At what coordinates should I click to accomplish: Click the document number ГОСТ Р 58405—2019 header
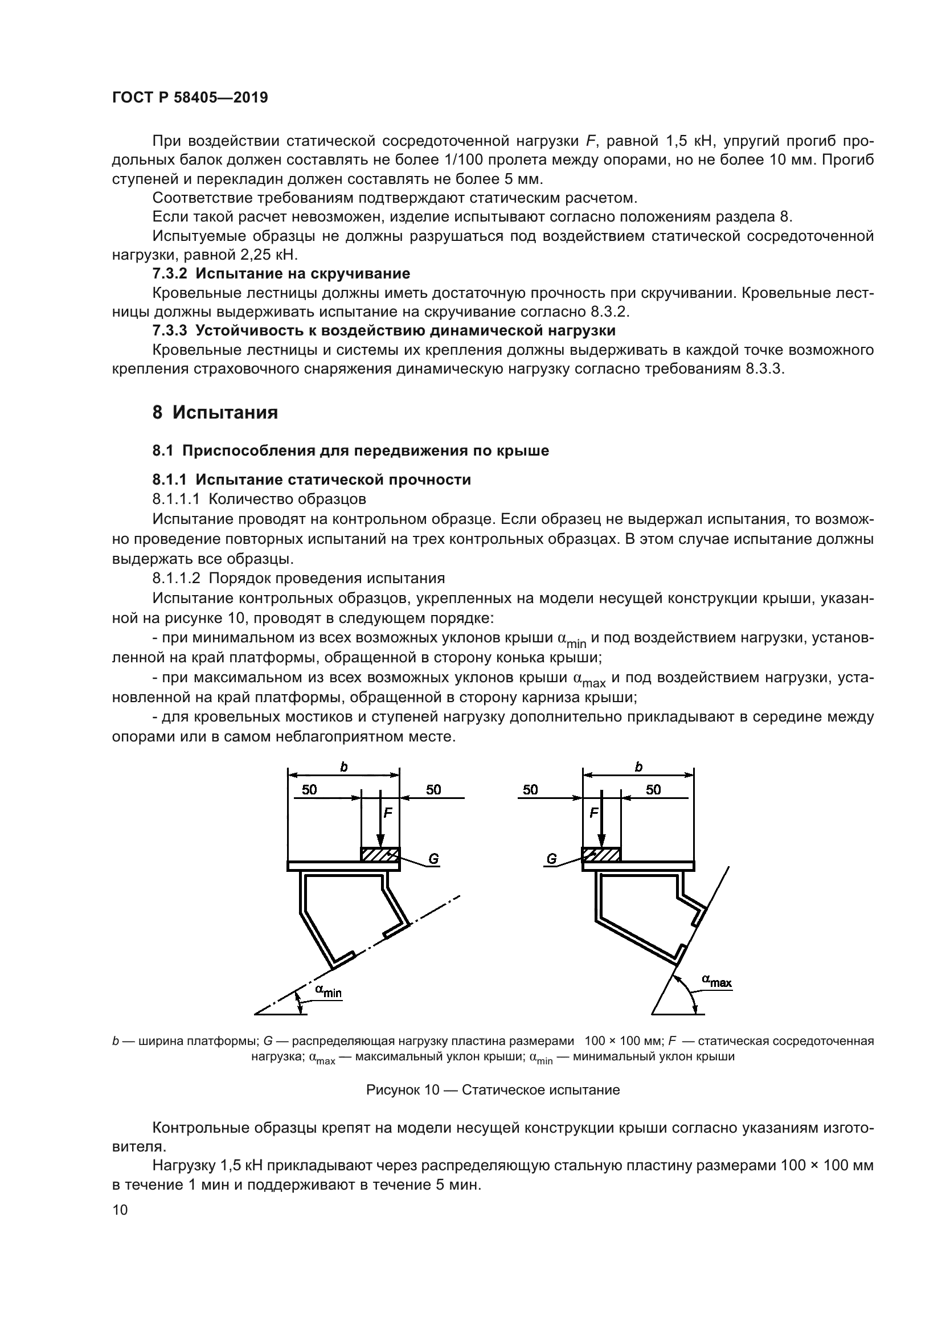tap(190, 97)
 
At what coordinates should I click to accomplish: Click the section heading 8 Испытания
tap(215, 412)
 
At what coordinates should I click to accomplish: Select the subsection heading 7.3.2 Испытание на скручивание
tap(281, 273)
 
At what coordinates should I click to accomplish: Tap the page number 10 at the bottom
tap(120, 1210)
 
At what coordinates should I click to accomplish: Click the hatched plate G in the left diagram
tap(380, 855)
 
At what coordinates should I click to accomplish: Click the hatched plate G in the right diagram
tap(601, 855)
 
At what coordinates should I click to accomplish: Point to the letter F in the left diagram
tap(388, 813)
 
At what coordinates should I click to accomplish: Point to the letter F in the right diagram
tap(593, 813)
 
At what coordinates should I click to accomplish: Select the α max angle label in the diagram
tap(716, 981)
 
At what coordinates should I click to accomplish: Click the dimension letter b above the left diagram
tap(343, 767)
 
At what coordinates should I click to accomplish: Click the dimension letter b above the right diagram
tap(638, 767)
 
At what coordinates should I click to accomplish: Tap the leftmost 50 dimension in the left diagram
tap(309, 789)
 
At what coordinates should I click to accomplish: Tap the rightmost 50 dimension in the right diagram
tap(653, 789)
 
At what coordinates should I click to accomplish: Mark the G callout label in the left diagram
tap(433, 859)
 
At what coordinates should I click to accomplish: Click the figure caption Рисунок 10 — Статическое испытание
tap(493, 1090)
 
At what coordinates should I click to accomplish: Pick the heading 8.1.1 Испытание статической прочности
tap(312, 479)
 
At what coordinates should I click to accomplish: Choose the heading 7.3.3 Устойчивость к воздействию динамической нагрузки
tap(383, 331)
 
